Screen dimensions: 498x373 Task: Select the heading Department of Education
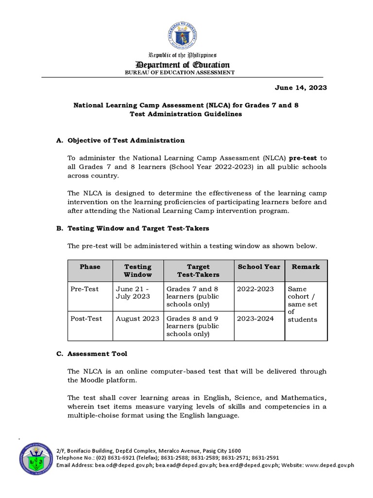pos(183,65)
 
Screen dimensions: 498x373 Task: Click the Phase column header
pos(90,267)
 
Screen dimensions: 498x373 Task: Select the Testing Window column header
pos(138,270)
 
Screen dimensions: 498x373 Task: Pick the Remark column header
pos(306,267)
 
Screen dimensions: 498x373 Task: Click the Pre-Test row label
pos(85,289)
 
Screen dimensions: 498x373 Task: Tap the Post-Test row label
pos(86,319)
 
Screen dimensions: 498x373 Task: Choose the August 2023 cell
pos(137,319)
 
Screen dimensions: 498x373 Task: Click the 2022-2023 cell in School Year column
pos(255,289)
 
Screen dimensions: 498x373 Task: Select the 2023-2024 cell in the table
pos(255,319)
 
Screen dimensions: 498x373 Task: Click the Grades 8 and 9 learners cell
pos(193,326)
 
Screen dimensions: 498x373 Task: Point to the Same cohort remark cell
pos(302,304)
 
